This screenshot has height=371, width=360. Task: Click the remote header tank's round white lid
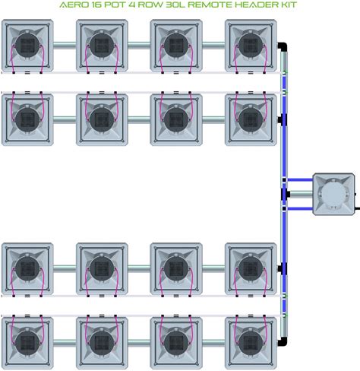[x=333, y=194]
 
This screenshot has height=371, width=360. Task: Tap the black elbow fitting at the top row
[x=283, y=47]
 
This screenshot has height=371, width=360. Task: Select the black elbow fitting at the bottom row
[x=283, y=341]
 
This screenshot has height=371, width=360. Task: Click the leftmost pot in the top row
[x=27, y=46]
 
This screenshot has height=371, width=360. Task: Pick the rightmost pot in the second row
[x=251, y=120]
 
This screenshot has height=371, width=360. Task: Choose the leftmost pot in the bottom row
[x=27, y=343]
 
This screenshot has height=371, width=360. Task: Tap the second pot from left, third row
[x=102, y=269]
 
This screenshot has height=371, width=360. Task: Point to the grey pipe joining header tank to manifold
[x=302, y=194]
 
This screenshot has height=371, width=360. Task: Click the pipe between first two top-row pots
[x=65, y=46]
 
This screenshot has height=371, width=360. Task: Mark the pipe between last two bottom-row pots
[x=213, y=343]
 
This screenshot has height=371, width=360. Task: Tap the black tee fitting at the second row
[x=283, y=120]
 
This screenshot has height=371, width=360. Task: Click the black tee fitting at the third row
[x=283, y=269]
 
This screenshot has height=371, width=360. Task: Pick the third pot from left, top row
[x=176, y=46]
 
